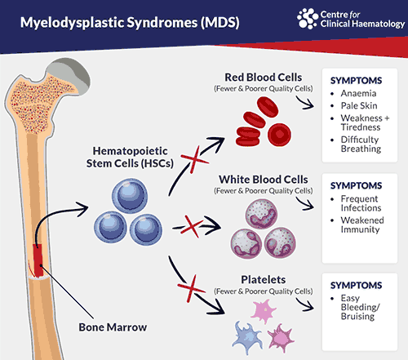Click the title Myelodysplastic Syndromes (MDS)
pyautogui.click(x=130, y=23)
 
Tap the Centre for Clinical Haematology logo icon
pyautogui.click(x=308, y=19)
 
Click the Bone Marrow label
pyautogui.click(x=113, y=327)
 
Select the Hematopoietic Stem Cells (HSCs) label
pyautogui.click(x=130, y=158)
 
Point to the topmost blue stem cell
pyautogui.click(x=130, y=196)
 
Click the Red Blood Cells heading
pyautogui.click(x=263, y=78)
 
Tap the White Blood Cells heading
pyautogui.click(x=264, y=180)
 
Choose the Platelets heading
pyautogui.click(x=264, y=280)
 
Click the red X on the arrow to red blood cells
pyautogui.click(x=194, y=160)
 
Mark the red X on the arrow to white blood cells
pyautogui.click(x=192, y=226)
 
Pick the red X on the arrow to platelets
pyautogui.click(x=191, y=288)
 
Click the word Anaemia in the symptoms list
pyautogui.click(x=358, y=93)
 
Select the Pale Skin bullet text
pyautogui.click(x=359, y=105)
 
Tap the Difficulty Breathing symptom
pyautogui.click(x=361, y=144)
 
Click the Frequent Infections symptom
pyautogui.click(x=361, y=203)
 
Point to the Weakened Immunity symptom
pyautogui.click(x=362, y=224)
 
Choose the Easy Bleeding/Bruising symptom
pyautogui.click(x=360, y=307)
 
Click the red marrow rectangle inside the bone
pyautogui.click(x=38, y=260)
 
